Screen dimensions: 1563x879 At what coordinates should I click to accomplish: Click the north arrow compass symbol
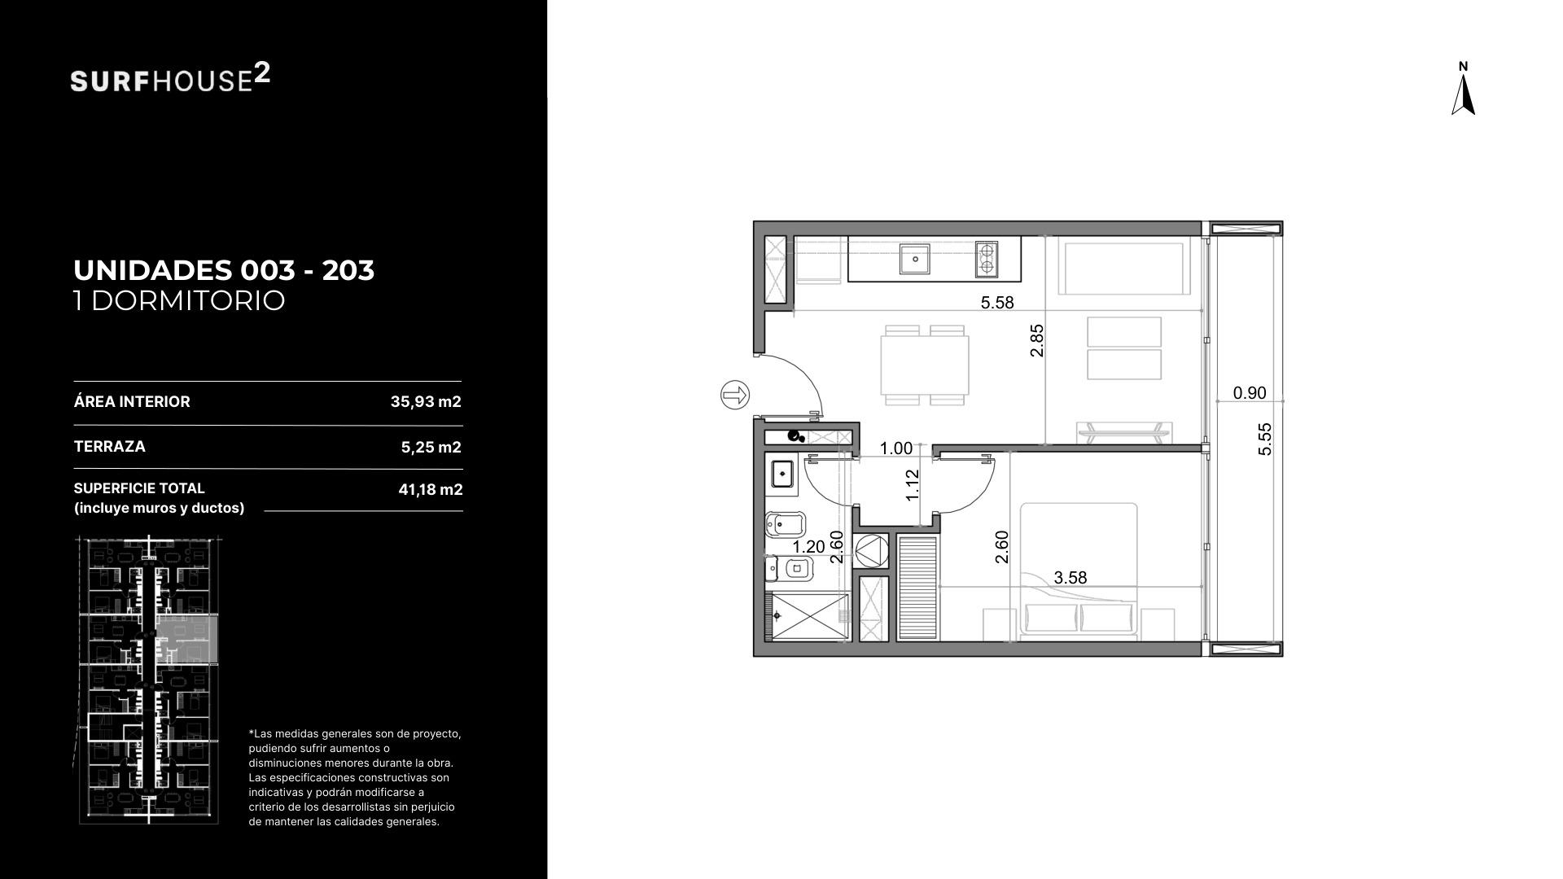(1463, 94)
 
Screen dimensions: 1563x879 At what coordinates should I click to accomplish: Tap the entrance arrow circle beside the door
(735, 396)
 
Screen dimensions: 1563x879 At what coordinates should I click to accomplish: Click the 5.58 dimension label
(997, 303)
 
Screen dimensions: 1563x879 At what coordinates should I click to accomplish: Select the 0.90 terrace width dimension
(1250, 393)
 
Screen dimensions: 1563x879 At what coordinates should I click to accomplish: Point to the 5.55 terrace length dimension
(1265, 439)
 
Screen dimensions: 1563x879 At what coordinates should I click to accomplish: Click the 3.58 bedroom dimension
(1070, 578)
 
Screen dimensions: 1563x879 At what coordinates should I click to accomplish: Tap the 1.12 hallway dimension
(913, 485)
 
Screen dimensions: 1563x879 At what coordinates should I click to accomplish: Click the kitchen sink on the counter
(916, 259)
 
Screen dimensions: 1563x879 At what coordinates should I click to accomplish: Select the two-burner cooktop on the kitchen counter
(987, 259)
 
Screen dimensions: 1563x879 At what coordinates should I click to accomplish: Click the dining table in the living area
(925, 365)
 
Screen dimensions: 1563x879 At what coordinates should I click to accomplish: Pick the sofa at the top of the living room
(1122, 268)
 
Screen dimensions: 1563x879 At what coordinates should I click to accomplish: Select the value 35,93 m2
(426, 402)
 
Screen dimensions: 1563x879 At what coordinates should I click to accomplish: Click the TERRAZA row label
(110, 447)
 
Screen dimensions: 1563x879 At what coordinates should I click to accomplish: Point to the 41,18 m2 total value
(431, 490)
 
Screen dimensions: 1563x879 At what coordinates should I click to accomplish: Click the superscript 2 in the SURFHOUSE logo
(262, 74)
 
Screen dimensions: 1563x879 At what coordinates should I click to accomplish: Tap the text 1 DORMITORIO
(179, 300)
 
